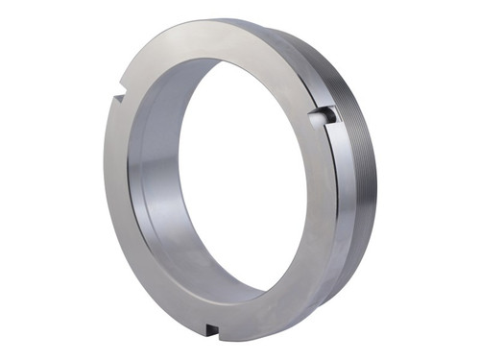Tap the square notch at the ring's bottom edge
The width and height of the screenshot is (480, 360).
tap(211, 329)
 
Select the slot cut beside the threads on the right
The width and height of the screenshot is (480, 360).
tap(327, 116)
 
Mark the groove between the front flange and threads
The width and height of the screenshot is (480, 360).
tap(338, 192)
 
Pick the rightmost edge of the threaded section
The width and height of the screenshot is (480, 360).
tap(376, 182)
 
